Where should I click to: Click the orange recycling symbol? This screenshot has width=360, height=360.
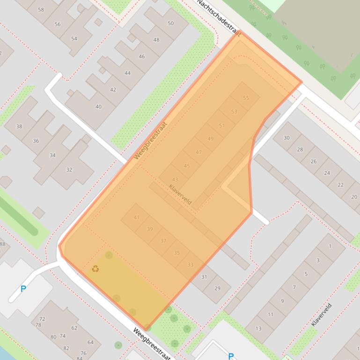pyautogui.click(x=96, y=269)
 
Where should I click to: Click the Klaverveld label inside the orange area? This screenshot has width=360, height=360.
pyautogui.click(x=180, y=194)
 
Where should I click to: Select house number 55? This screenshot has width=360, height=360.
pyautogui.click(x=246, y=98)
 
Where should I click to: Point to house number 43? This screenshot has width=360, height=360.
pyautogui.click(x=175, y=180)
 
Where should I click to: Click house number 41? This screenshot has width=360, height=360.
pyautogui.click(x=137, y=217)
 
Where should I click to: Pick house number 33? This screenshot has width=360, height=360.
pyautogui.click(x=190, y=265)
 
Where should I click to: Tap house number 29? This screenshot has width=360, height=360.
pyautogui.click(x=217, y=288)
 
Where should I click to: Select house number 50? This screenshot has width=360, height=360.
pyautogui.click(x=170, y=23)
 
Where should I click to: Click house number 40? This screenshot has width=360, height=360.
pyautogui.click(x=98, y=107)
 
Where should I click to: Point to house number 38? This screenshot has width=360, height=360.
pyautogui.click(x=19, y=126)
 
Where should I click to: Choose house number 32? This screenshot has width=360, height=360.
pyautogui.click(x=69, y=170)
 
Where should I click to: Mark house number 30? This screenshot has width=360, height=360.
pyautogui.click(x=287, y=138)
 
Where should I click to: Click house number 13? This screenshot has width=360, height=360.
pyautogui.click(x=258, y=328)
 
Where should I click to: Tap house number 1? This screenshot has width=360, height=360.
pyautogui.click(x=330, y=246)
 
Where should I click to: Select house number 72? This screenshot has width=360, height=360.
pyautogui.click(x=42, y=319)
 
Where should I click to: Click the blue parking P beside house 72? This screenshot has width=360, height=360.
pyautogui.click(x=23, y=289)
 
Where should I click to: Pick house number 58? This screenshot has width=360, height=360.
pyautogui.click(x=41, y=9)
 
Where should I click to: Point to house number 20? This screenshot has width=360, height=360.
pyautogui.click(x=354, y=197)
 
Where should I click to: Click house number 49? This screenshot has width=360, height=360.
pyautogui.click(x=210, y=139)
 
